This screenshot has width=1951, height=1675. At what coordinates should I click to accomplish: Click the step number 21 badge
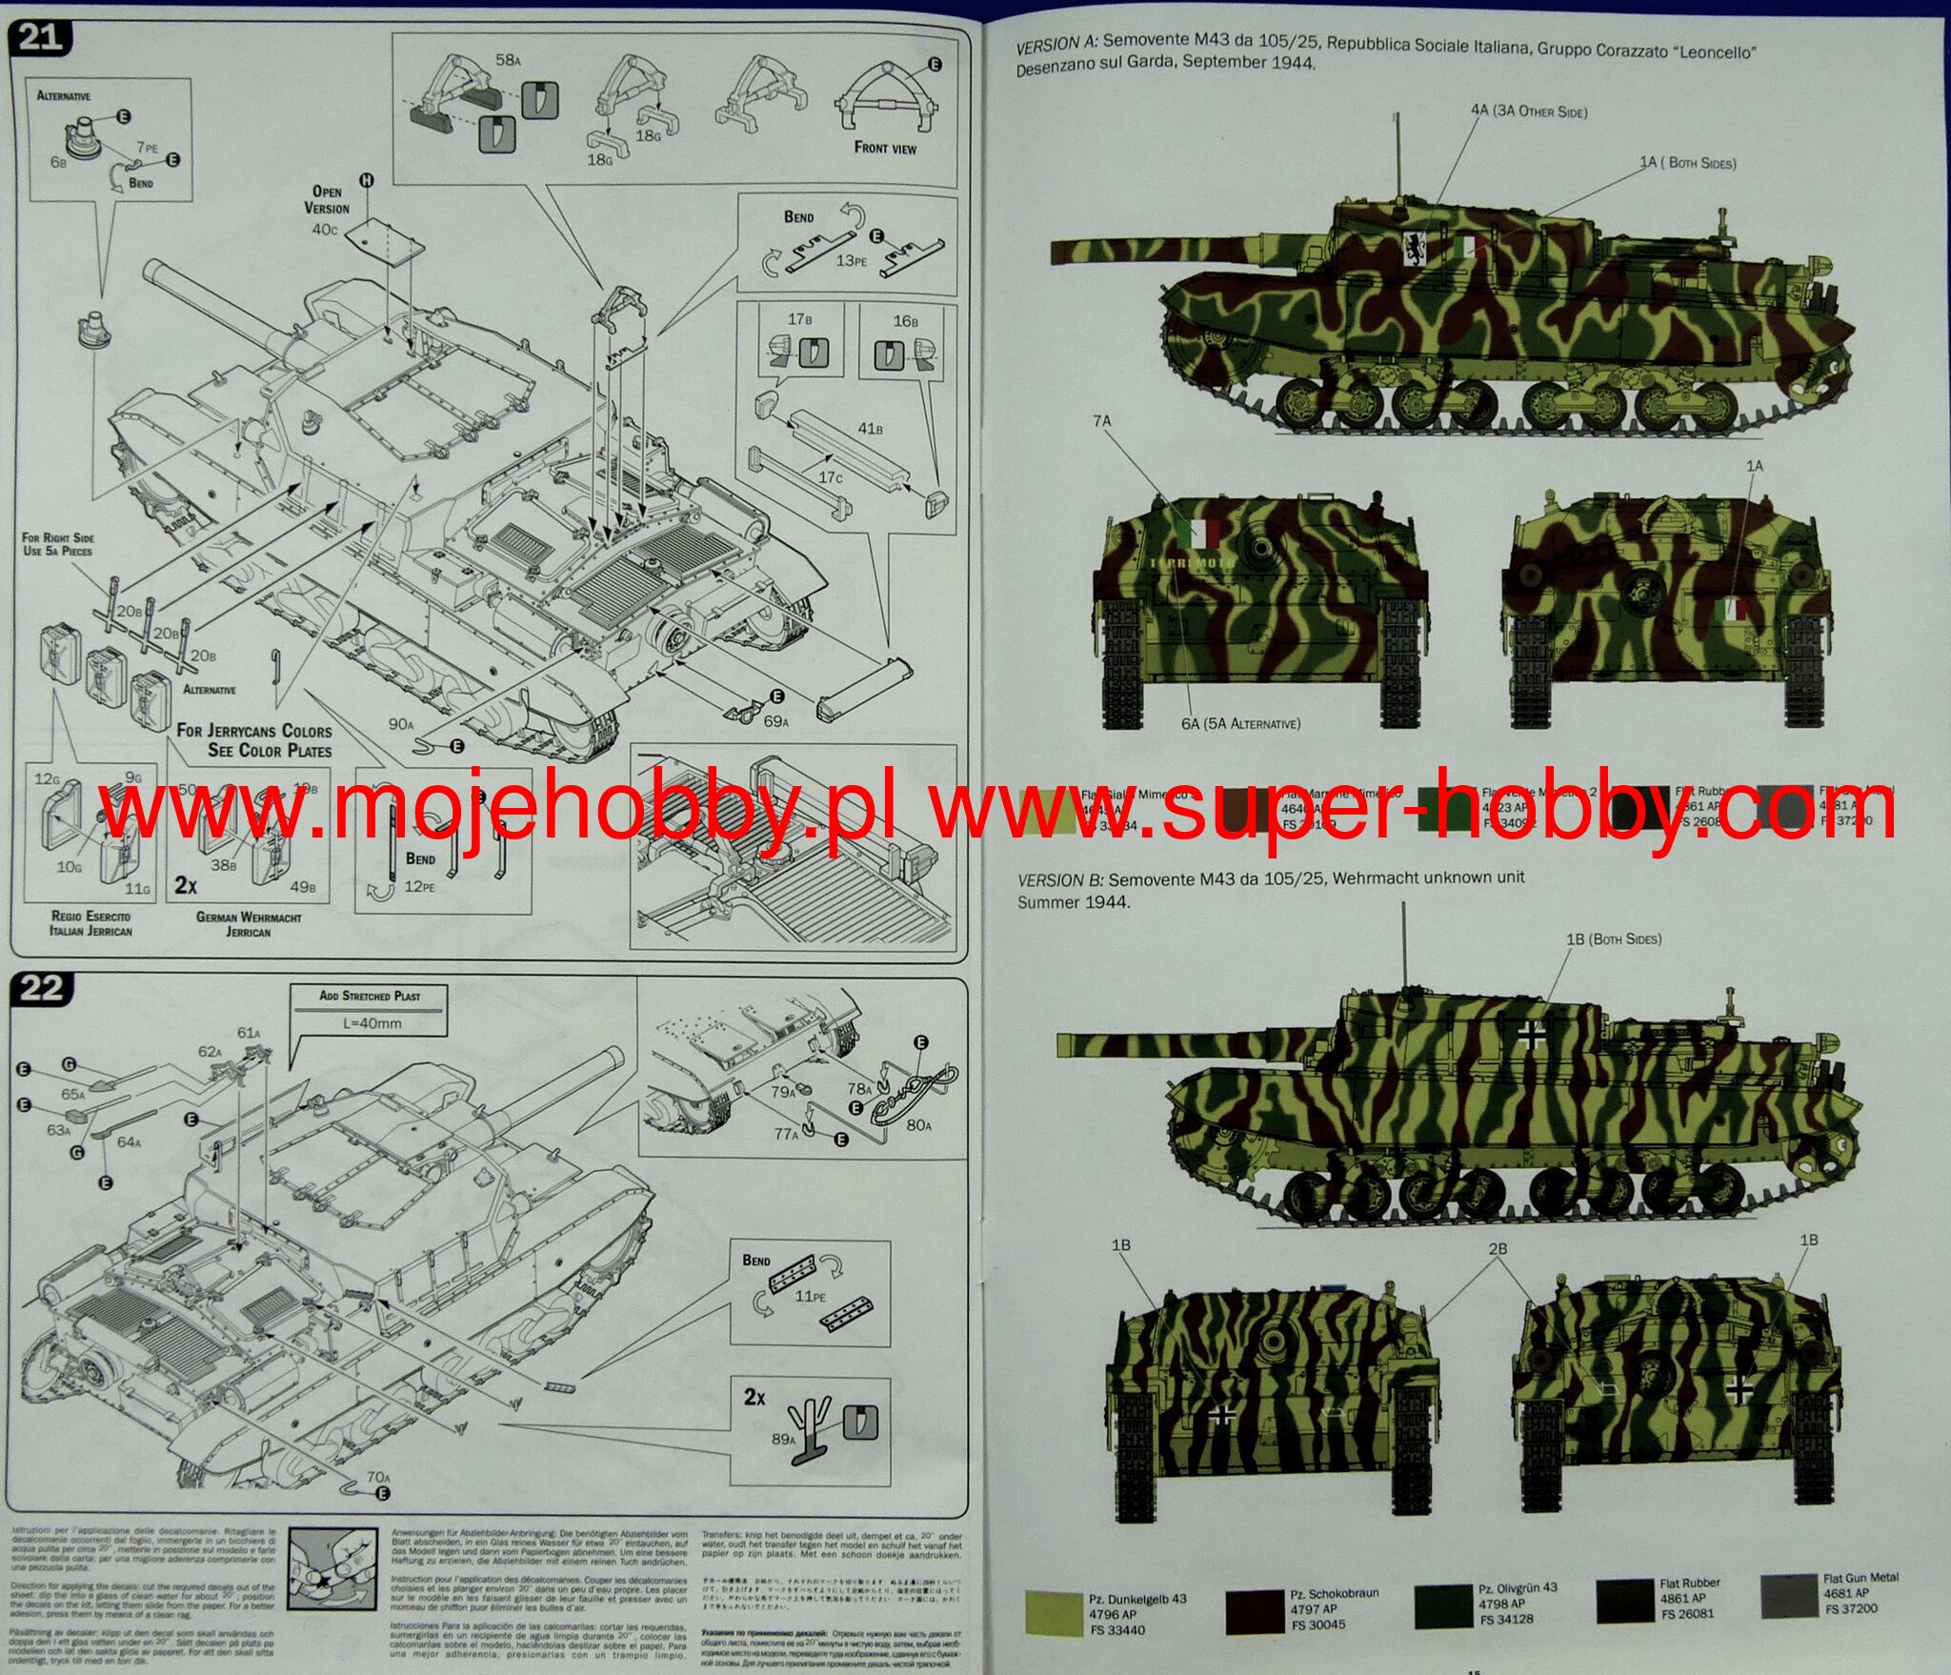[39, 37]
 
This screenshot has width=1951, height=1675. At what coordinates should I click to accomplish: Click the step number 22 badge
[41, 988]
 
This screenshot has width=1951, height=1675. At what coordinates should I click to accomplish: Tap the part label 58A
[508, 60]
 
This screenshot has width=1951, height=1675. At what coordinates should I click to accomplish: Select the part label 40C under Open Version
[324, 229]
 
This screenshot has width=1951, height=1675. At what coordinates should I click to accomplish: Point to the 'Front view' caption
[885, 148]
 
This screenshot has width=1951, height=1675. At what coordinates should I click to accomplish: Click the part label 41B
[869, 429]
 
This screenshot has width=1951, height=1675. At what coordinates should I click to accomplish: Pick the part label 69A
[775, 721]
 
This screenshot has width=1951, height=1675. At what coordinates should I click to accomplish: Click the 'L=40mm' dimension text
[372, 1023]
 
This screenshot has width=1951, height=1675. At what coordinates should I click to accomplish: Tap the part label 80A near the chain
[918, 1125]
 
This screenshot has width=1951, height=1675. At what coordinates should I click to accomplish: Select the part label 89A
[783, 1439]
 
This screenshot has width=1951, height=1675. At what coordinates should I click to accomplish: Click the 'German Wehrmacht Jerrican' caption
[249, 924]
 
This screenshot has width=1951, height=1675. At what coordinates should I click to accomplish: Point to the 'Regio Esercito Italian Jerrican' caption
[91, 922]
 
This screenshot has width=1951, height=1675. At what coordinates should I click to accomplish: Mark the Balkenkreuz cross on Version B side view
[1531, 1036]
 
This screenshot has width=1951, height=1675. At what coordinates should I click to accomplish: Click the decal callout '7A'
[1101, 420]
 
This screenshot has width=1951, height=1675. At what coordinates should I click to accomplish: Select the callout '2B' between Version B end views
[1498, 1248]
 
